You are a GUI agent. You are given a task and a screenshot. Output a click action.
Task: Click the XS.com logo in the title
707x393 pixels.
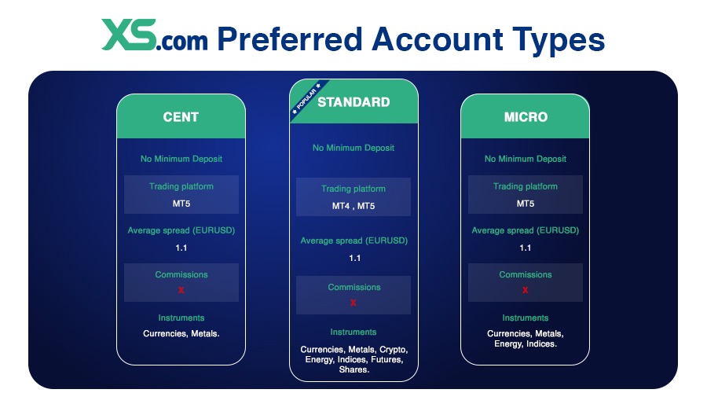tap(155, 37)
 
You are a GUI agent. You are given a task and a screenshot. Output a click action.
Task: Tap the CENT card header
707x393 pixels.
tap(181, 117)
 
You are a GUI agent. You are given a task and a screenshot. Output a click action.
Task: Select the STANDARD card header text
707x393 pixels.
tap(353, 102)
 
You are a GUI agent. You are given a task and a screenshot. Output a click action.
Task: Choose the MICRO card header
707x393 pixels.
tap(526, 117)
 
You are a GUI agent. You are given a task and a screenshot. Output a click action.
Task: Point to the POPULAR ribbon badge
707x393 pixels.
tap(306, 98)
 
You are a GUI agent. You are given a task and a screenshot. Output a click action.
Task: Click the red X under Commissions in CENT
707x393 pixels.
tap(181, 290)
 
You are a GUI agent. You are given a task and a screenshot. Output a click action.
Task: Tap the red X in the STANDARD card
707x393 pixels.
tap(353, 303)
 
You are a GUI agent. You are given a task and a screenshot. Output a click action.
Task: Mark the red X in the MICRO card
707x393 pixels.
tap(526, 290)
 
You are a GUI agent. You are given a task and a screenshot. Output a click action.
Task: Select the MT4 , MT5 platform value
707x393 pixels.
tap(353, 206)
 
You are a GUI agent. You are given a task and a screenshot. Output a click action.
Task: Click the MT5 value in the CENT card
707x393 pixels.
tap(181, 204)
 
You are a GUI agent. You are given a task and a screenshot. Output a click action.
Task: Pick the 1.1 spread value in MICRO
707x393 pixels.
tap(526, 248)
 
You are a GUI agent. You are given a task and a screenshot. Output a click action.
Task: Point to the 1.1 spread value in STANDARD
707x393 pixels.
tap(353, 258)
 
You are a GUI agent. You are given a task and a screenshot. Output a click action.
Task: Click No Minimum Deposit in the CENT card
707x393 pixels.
tap(181, 159)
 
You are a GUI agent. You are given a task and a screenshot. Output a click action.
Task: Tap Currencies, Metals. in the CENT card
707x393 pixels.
tap(181, 333)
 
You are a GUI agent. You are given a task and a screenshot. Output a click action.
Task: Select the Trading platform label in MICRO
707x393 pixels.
tap(526, 186)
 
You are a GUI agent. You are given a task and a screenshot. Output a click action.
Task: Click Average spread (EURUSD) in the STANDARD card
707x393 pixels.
tap(353, 241)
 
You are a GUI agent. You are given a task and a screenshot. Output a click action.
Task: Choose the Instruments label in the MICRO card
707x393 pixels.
tap(526, 318)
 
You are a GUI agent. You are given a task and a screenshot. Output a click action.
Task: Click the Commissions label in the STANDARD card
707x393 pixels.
tap(353, 288)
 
